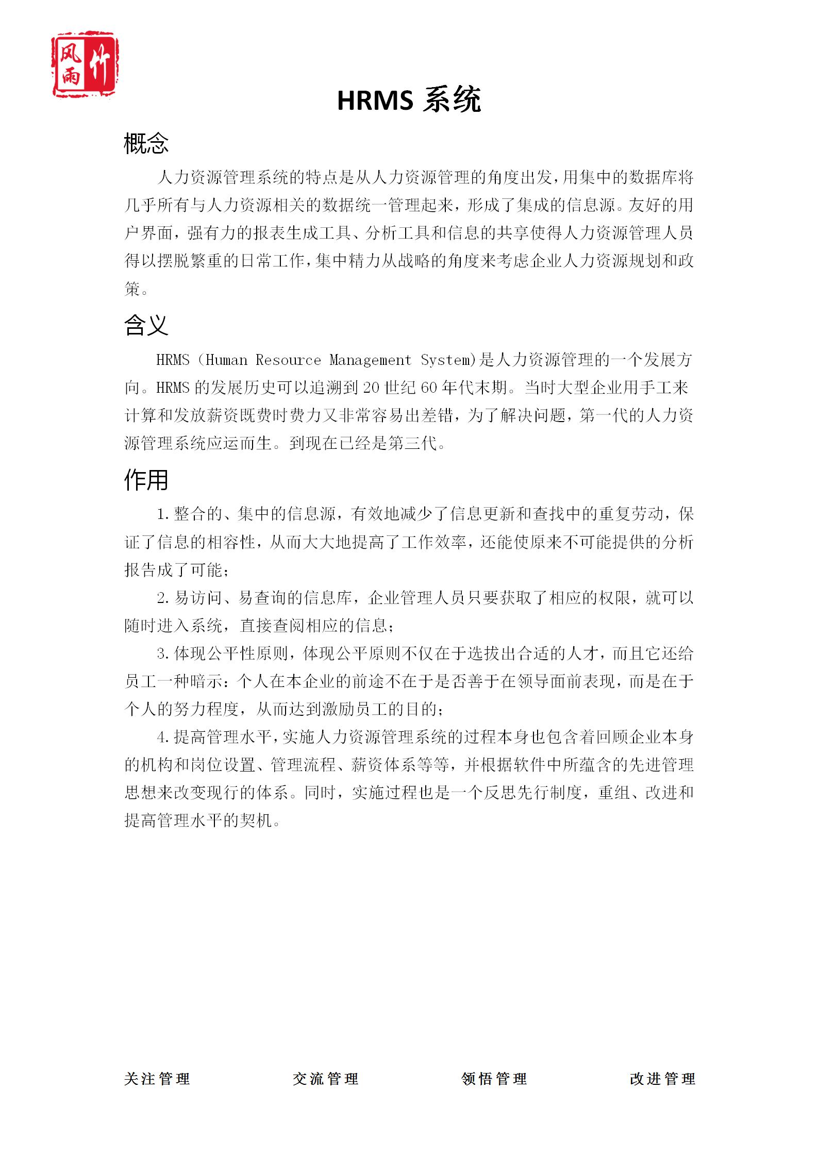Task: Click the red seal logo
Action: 86,64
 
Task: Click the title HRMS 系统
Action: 409,100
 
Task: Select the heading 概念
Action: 146,143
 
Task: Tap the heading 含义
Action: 146,325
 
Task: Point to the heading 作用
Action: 146,480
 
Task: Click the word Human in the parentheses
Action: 226,360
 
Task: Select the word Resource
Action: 288,360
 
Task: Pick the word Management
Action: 370,360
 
